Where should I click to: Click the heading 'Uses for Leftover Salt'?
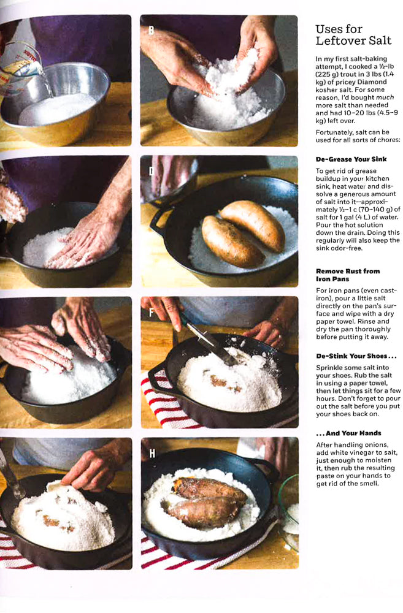tap(353, 35)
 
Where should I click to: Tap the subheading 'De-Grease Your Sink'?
tap(351, 159)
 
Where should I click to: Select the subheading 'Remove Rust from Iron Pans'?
tap(347, 275)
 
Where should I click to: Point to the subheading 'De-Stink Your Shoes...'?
tap(356, 356)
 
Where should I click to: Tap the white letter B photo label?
tap(151, 30)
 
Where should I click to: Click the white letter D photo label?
tap(152, 171)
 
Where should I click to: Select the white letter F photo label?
tap(152, 312)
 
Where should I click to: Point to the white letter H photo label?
tap(152, 453)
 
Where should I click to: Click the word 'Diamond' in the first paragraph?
tap(374, 82)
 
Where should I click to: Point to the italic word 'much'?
tap(385, 97)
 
